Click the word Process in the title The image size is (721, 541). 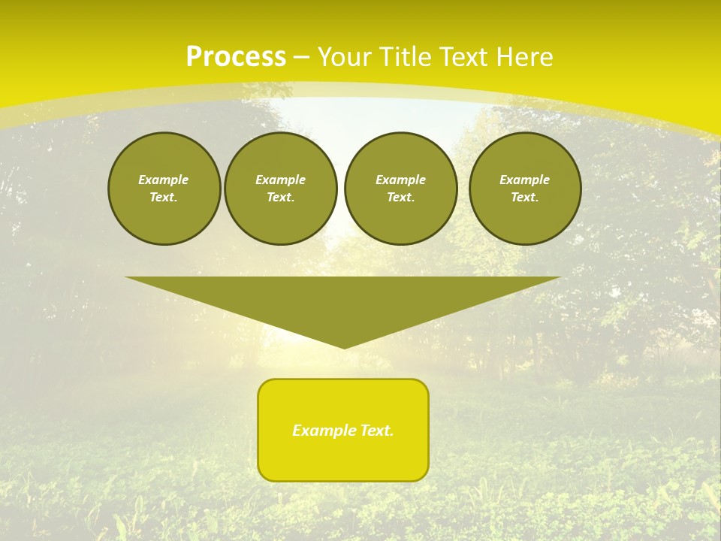236,57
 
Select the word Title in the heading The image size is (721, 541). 406,57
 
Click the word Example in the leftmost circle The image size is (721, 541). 164,180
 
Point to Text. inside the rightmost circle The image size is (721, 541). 525,197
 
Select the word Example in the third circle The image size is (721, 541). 401,180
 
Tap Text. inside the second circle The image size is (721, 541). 281,197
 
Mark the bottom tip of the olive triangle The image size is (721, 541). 344,347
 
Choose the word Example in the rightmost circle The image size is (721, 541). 525,180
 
